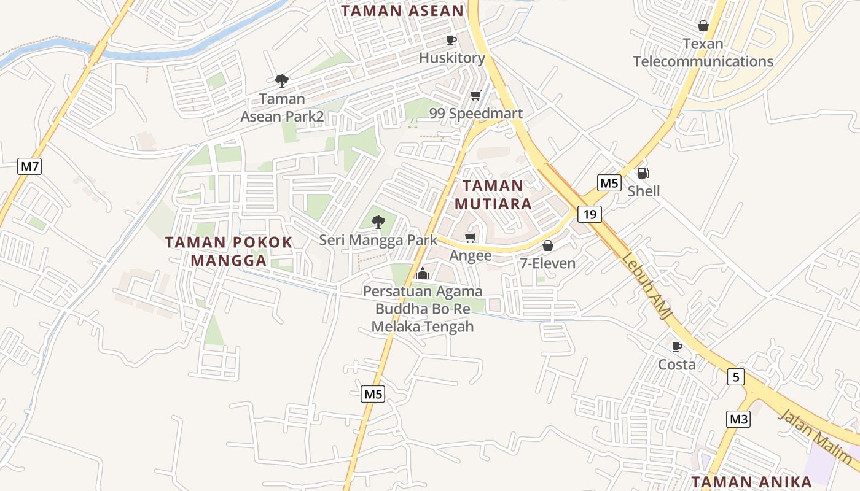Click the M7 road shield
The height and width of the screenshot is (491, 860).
point(29,166)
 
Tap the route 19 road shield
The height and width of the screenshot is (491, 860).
point(590,214)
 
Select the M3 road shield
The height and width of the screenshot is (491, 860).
point(738,419)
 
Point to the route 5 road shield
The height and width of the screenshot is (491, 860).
point(736,376)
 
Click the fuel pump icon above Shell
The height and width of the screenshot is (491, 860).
point(643,173)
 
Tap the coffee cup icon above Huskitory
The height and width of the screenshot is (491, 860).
point(451,41)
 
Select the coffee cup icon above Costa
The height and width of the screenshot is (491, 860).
point(677,347)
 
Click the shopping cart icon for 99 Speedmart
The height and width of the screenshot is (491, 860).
point(475,95)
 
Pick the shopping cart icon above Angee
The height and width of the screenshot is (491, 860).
point(471,238)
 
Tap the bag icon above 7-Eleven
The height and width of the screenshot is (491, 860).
point(548,245)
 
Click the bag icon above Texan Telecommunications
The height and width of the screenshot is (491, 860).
point(703,26)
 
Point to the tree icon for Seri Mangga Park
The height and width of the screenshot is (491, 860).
point(378,221)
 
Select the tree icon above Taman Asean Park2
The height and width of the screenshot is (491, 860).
point(282,80)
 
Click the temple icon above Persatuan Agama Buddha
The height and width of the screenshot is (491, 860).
point(422,273)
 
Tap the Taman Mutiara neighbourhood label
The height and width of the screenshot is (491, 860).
point(493,195)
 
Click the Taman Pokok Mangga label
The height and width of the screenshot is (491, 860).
point(229,251)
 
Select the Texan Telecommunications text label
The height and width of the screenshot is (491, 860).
point(703,53)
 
